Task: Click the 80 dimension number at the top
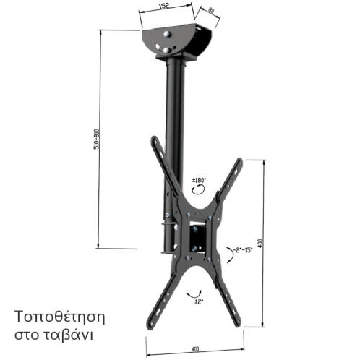211,12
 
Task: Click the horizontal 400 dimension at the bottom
196,349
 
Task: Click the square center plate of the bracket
197,236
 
